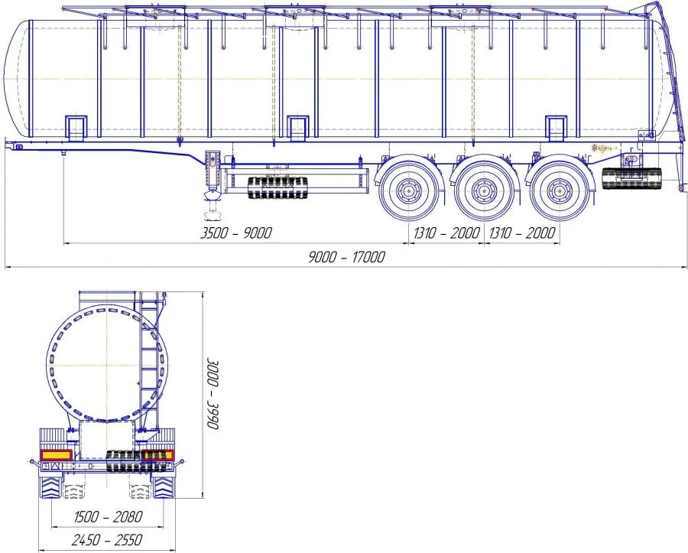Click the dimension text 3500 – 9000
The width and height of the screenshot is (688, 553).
(x=235, y=233)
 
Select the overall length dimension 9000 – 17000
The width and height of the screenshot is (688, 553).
(x=346, y=257)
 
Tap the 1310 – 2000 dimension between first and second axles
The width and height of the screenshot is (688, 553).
(x=446, y=233)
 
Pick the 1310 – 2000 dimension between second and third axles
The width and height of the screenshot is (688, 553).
(x=522, y=233)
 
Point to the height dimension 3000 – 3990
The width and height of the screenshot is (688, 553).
(x=213, y=394)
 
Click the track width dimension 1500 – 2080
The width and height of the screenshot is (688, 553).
(x=108, y=516)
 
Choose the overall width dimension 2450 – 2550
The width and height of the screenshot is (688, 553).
(x=107, y=540)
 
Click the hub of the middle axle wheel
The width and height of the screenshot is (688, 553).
(x=484, y=191)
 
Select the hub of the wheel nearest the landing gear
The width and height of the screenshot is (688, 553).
(x=408, y=191)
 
